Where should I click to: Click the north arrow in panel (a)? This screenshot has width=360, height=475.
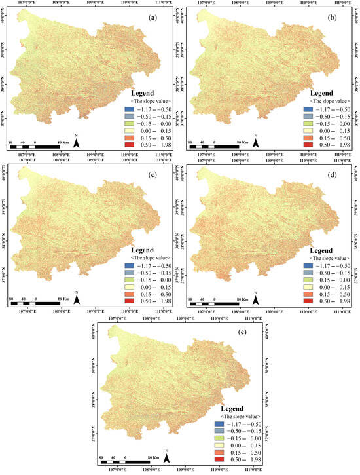(77, 142)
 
